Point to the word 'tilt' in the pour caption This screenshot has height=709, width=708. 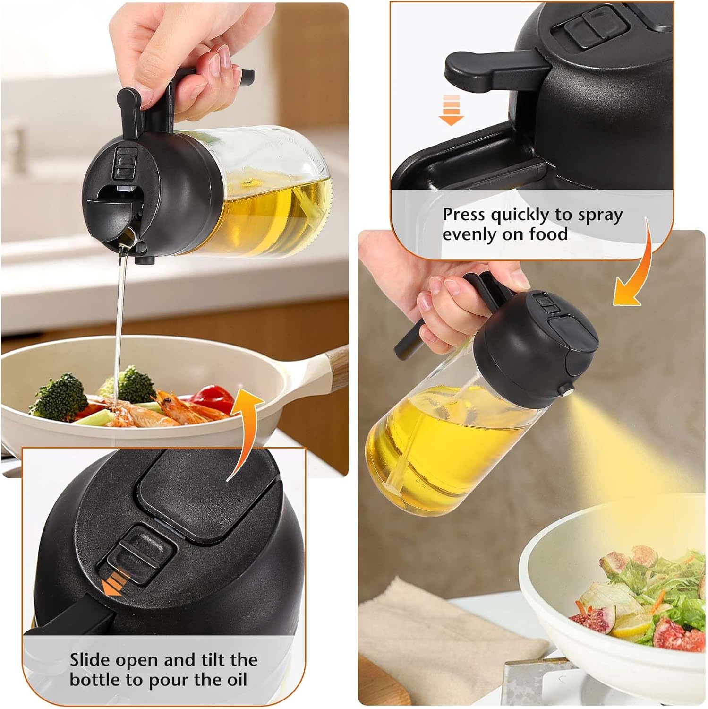[206, 659]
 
